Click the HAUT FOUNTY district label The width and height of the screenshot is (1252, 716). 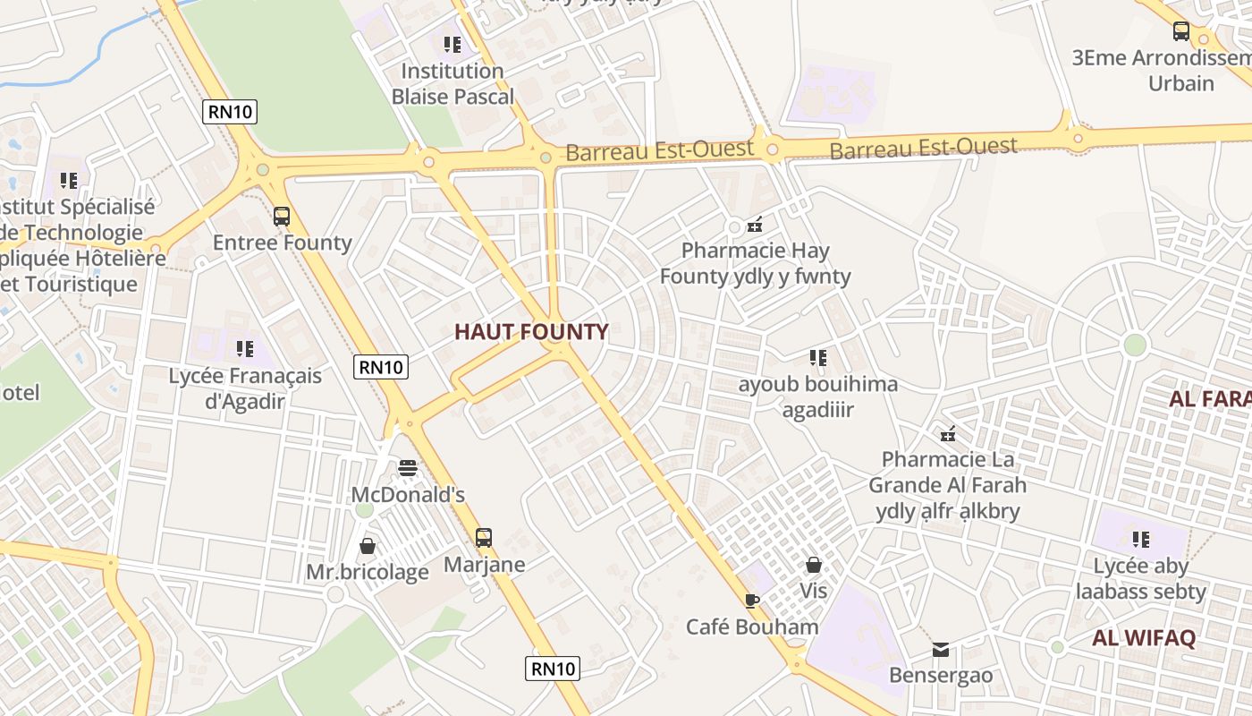click(531, 332)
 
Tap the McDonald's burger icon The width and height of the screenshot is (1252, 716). click(408, 468)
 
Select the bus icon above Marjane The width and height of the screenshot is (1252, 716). click(484, 538)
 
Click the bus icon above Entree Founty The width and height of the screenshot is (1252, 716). click(282, 217)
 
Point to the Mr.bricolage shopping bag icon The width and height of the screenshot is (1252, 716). click(368, 545)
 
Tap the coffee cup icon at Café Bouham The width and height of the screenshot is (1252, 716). click(752, 601)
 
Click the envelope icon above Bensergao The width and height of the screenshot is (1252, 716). click(941, 650)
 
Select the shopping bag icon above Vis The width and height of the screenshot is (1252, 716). click(814, 565)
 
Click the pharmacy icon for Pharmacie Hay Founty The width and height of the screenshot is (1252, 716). click(755, 224)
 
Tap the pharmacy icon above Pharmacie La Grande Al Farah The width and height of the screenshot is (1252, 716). click(948, 434)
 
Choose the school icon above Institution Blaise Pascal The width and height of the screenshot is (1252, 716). click(453, 44)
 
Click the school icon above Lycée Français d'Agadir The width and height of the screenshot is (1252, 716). click(245, 348)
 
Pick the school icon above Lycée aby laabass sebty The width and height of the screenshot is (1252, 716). click(1141, 539)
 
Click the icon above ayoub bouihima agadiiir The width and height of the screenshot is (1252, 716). click(818, 358)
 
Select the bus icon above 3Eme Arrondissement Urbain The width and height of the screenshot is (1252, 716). click(1181, 31)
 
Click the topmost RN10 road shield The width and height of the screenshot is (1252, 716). click(231, 112)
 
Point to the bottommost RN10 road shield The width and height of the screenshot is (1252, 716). click(553, 669)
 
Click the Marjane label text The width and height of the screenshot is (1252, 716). click(484, 565)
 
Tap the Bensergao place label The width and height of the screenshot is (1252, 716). click(941, 675)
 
